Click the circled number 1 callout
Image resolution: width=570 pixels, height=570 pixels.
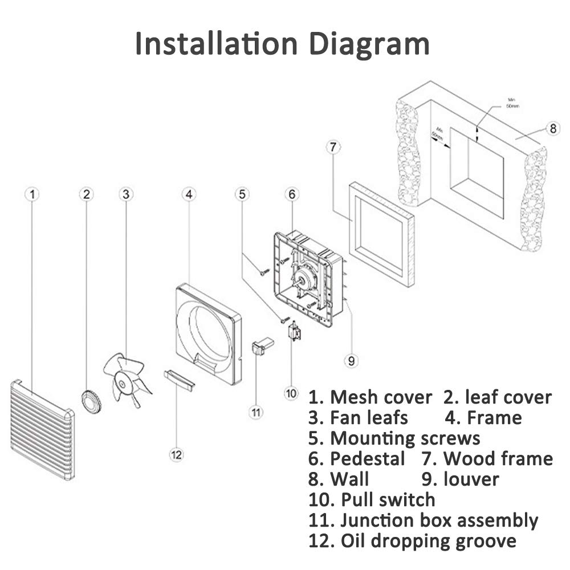pos(32,194)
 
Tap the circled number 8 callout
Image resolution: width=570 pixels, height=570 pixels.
pos(552,128)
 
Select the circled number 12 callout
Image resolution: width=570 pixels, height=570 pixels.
pos(177,454)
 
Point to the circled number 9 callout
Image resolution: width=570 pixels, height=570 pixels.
pos(352,360)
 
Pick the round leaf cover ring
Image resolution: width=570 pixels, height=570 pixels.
pos(90,401)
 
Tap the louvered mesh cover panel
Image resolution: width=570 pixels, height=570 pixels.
pos(42,430)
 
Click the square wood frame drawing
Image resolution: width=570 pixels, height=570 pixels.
pos(381,234)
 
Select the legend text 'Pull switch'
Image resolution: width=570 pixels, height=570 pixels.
pos(388,500)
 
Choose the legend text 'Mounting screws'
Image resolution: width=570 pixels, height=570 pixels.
pos(405,438)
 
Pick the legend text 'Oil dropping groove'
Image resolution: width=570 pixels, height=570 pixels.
pos(427,541)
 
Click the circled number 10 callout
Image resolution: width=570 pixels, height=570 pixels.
pos(291,393)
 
